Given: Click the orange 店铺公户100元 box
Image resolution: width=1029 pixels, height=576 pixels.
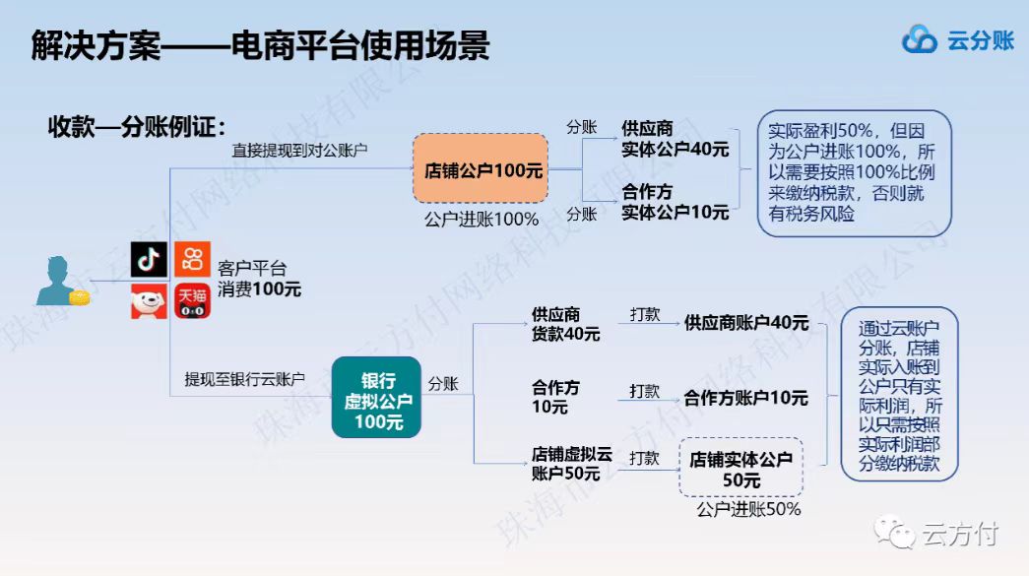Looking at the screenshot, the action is coord(481,168).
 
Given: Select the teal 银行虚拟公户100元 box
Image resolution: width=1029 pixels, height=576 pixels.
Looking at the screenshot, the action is coord(377,398).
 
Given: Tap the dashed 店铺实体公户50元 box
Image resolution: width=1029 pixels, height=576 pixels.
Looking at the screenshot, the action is coord(740,468).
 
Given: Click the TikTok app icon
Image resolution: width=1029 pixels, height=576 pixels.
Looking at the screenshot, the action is coord(149,259).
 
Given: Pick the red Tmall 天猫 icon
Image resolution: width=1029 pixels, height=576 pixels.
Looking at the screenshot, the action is coord(192,301).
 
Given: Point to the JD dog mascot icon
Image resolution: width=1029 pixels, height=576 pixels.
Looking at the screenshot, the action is coord(149,301).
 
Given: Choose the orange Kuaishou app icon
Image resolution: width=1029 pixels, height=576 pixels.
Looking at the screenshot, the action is coord(192,259).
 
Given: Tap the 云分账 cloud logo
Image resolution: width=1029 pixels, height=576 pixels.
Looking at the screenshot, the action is coord(920,39).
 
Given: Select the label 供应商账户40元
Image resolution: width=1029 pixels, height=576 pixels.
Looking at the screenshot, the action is coord(746,323).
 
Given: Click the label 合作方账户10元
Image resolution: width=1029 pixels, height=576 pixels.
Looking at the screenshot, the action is coord(745,398).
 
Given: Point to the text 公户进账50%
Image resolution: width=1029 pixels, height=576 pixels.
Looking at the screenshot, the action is coord(748,510).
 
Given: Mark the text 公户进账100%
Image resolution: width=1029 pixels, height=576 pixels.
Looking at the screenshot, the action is coord(482,220).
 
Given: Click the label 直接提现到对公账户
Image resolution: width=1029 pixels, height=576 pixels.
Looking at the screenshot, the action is coord(299,151).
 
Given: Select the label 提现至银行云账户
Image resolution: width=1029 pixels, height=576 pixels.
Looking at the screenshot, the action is coord(245,379).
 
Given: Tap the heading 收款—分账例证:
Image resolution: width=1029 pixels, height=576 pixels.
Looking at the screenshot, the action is coord(137,127).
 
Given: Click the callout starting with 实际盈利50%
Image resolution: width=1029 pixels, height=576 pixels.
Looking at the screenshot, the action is coord(854,173).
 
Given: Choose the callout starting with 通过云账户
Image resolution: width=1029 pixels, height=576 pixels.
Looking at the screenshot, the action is coord(899,394).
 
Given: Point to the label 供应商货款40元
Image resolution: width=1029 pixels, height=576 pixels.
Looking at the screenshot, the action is coord(565,324).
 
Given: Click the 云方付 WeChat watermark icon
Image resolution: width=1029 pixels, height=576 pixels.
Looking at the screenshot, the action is coord(894,532).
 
